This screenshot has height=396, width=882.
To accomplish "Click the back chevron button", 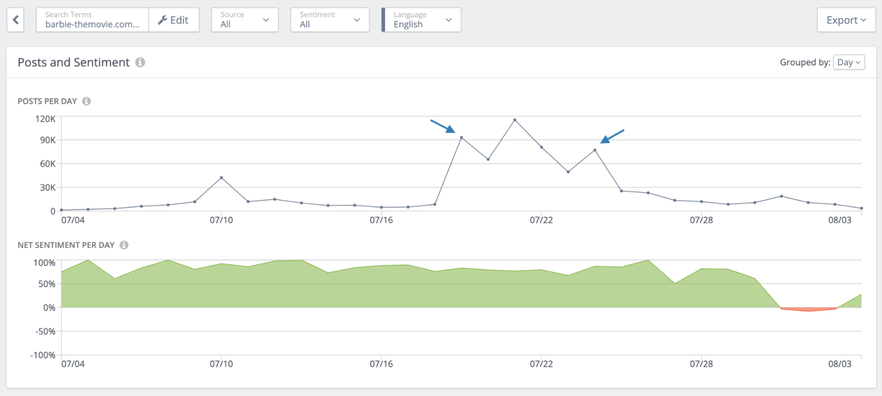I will (15, 20).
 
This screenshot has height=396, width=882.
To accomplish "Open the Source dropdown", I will (244, 20).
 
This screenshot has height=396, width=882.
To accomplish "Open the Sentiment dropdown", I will (330, 20).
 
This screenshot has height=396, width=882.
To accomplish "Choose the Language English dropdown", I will (421, 20).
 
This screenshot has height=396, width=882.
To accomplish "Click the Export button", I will (846, 20).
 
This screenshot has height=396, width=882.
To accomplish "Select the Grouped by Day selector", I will (848, 62).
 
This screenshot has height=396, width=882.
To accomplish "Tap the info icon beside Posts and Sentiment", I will (140, 62).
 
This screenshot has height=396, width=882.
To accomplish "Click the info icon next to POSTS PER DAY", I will (86, 101).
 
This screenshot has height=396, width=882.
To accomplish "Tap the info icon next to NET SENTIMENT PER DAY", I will (124, 245).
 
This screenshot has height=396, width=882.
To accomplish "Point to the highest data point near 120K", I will (514, 120).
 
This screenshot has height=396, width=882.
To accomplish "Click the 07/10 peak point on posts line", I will (221, 178).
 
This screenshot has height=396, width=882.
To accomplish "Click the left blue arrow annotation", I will (443, 126).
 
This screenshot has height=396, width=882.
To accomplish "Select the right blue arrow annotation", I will (612, 136).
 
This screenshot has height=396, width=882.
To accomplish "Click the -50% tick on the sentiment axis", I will (45, 331).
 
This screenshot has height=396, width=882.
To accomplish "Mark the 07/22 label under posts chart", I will (541, 220).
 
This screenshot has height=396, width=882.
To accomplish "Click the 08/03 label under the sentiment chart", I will (839, 364).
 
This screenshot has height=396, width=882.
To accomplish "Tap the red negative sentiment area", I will (808, 309).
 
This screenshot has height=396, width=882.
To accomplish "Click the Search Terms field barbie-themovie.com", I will (92, 20).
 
